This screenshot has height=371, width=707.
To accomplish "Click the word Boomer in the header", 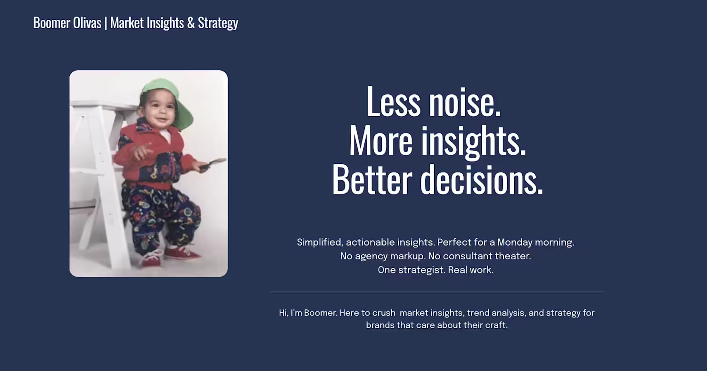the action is [52, 23].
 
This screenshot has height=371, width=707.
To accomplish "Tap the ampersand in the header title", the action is [190, 23].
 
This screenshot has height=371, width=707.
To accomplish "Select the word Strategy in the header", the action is [218, 24].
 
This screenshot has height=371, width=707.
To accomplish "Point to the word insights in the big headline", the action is [473, 141].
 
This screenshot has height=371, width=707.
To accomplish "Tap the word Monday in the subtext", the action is [515, 242].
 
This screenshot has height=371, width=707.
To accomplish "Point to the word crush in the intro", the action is [384, 313].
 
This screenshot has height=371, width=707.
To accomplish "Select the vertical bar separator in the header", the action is [106, 24].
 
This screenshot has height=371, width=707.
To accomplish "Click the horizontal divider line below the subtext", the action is [437, 292].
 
